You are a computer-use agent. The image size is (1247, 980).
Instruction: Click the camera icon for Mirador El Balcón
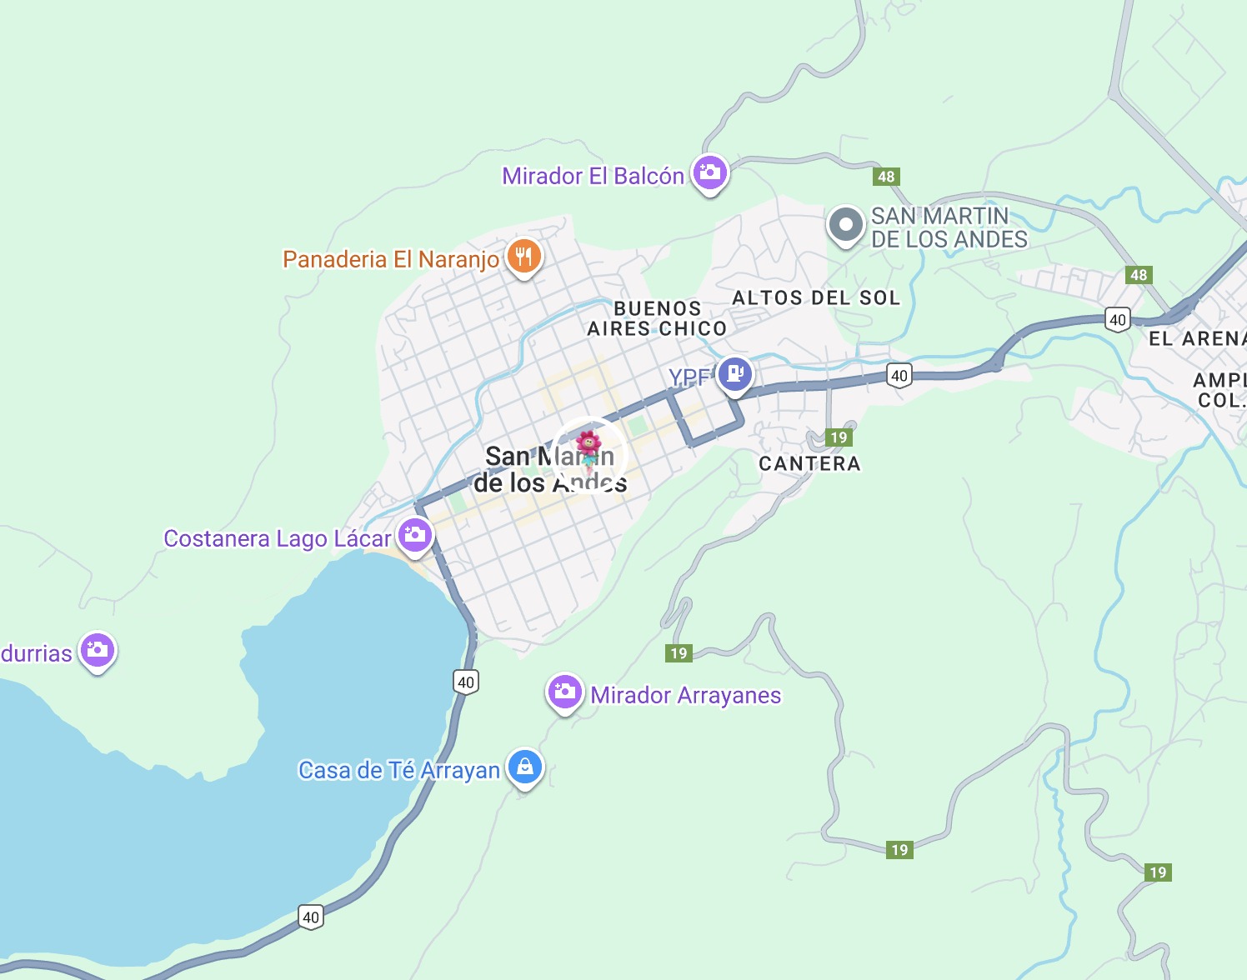pos(710,173)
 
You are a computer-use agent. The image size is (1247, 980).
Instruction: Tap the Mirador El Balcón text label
pos(593,177)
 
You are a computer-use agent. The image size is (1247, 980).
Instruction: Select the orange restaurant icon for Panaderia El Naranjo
pos(523,257)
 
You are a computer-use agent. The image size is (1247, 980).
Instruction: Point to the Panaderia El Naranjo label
pos(391,260)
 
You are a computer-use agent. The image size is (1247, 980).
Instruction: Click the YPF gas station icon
pos(734,374)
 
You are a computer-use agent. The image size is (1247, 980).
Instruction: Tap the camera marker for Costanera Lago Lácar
pos(414,535)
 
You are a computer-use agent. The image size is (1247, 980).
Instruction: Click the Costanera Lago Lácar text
pos(277,539)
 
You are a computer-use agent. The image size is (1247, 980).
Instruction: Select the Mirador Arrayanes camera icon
pos(564,692)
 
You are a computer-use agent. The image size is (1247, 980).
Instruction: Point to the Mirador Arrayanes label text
pos(686,696)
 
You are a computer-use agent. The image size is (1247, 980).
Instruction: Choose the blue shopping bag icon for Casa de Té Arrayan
pos(525,767)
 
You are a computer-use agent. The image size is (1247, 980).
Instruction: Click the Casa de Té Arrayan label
pos(399,771)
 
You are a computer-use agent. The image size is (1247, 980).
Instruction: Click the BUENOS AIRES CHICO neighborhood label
pos(657,319)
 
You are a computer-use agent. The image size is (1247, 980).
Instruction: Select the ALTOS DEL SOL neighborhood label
pos(816,298)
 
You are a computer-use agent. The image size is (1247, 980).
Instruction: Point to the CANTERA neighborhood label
pos(809,464)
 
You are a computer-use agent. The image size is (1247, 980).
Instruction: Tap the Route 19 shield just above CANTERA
pos(839,437)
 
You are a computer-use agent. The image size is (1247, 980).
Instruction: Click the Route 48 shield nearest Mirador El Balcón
pos(886,177)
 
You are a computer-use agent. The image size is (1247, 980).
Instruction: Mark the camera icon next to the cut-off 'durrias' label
pos(98,650)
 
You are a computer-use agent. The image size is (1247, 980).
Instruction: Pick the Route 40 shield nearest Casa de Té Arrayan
pos(466,682)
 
